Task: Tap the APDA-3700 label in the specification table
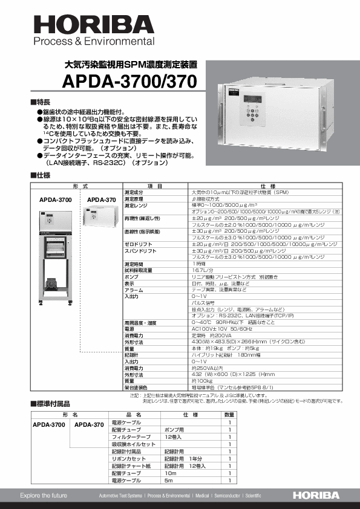[56, 199]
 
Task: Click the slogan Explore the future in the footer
[44, 496]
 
